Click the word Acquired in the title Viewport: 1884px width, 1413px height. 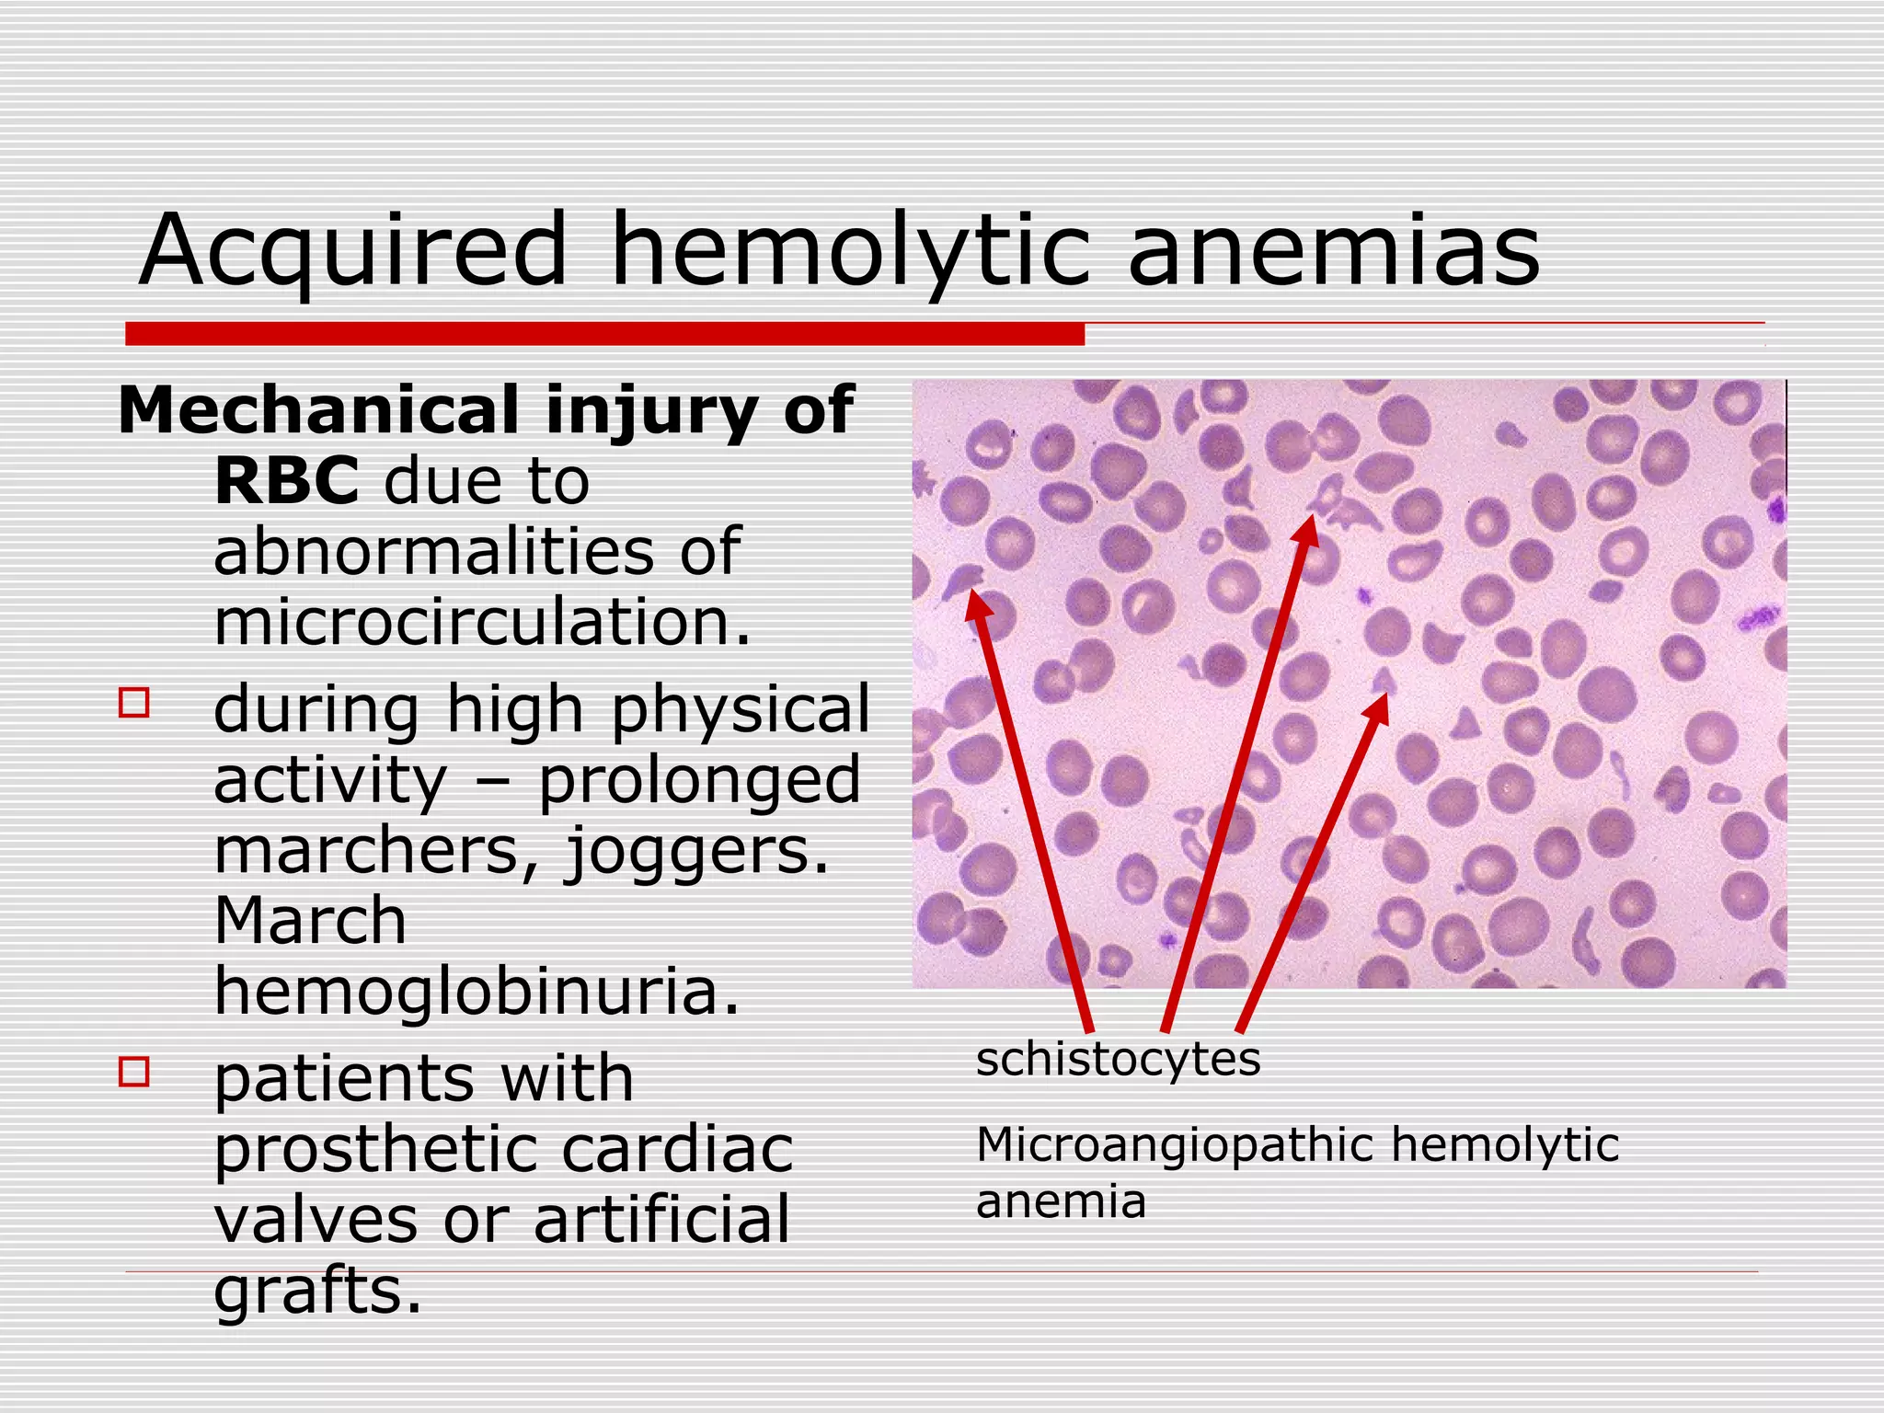(x=353, y=251)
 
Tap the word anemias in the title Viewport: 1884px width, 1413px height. (x=1333, y=251)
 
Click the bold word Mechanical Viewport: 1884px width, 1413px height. (x=319, y=410)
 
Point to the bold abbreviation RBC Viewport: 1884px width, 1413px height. (x=286, y=480)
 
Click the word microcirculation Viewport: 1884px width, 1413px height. (x=482, y=622)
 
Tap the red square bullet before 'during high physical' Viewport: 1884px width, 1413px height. (x=134, y=703)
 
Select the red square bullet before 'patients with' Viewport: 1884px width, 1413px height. (x=134, y=1072)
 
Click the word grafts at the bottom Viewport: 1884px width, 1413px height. (x=317, y=1291)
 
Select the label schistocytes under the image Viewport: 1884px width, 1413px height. (x=1118, y=1059)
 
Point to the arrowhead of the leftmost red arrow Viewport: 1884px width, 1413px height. (x=976, y=603)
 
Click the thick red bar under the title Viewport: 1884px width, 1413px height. (x=604, y=334)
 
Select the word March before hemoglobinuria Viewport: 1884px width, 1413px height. (x=310, y=921)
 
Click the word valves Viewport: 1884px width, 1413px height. (x=316, y=1221)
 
